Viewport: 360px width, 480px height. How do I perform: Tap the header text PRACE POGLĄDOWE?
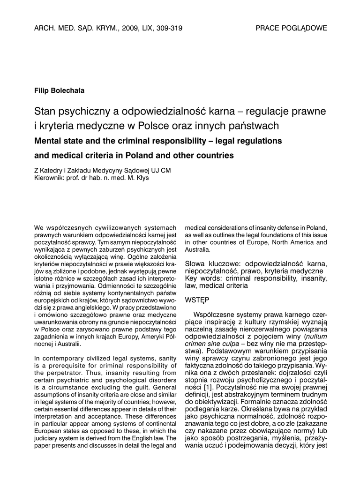click(291, 28)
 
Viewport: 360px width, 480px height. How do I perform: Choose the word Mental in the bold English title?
click(48, 141)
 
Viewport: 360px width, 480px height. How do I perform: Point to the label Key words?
click(202, 278)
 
